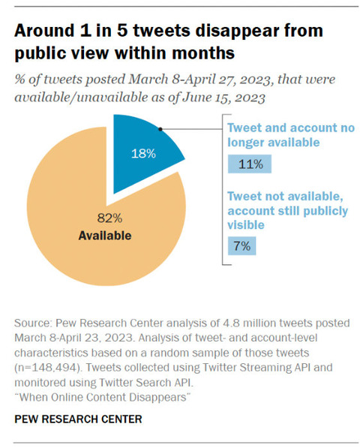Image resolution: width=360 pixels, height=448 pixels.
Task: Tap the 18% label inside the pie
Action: (143, 154)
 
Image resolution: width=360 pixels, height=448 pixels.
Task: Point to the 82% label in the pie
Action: (109, 218)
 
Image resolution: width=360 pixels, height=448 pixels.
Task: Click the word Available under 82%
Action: (105, 236)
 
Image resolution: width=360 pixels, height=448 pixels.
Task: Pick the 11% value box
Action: (250, 164)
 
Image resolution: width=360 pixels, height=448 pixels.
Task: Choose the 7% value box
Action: (241, 245)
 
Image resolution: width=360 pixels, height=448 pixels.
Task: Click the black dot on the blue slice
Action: (160, 129)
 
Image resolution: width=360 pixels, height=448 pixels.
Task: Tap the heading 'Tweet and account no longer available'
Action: (291, 135)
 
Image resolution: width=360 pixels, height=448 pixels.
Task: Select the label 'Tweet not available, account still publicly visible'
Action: (288, 211)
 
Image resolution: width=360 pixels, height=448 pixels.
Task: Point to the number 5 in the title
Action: (122, 30)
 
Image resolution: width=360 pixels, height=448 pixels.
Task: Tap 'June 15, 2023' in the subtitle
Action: (223, 98)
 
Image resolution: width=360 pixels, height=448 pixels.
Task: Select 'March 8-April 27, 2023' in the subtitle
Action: (199, 80)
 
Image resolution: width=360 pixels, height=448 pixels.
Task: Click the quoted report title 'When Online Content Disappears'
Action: (103, 397)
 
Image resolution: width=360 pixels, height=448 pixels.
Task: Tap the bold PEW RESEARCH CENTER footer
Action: (78, 419)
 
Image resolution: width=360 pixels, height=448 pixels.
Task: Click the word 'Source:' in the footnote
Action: (33, 323)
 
